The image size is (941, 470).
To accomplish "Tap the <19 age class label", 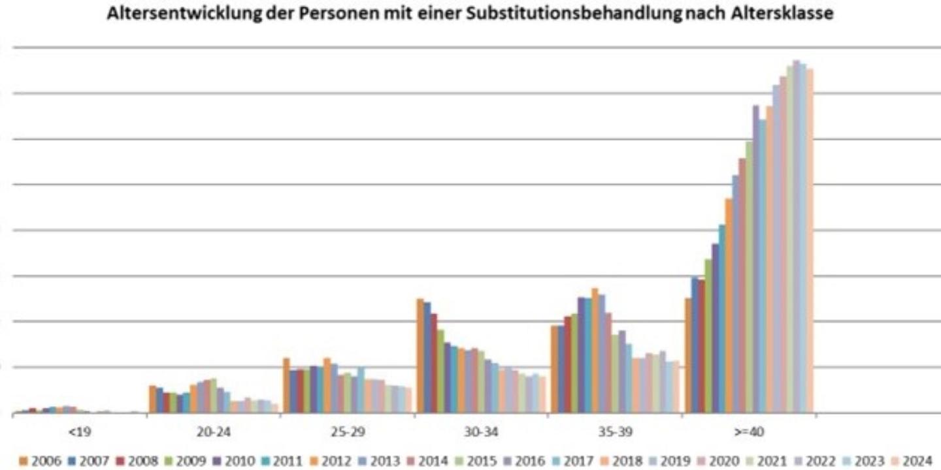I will coord(84,432).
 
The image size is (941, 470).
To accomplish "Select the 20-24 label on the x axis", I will coord(214,432).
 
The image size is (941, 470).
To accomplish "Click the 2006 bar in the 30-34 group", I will coord(420,356).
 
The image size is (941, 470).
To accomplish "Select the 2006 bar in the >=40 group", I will coord(688,356).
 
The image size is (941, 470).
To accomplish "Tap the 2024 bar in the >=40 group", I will coord(810,242).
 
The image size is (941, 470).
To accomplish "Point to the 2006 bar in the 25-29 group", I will coord(286,386).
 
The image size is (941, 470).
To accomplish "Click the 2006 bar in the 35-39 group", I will coord(554,369).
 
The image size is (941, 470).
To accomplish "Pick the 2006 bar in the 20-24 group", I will coord(152,399).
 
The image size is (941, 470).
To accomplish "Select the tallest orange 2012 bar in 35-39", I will coord(595,351).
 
